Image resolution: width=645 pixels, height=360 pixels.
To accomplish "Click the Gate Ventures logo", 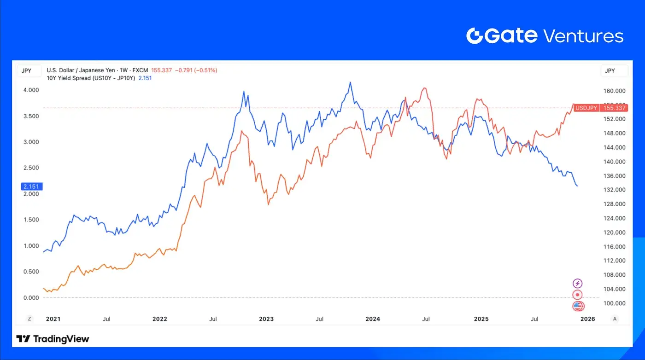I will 545,36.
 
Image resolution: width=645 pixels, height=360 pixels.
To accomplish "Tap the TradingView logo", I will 53,339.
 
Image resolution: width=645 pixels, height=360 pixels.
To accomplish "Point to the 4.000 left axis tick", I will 31,90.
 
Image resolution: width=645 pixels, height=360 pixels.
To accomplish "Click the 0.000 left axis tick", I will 31,297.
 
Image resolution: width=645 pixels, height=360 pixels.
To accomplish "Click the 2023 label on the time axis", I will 266,319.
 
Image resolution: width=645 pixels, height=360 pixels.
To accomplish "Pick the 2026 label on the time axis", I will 587,319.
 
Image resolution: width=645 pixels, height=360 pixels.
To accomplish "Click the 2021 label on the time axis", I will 53,319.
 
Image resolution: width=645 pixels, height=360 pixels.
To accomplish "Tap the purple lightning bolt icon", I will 578,284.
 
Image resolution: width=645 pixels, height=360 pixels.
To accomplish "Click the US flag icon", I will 578,306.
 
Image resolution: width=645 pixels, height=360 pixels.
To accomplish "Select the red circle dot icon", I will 578,295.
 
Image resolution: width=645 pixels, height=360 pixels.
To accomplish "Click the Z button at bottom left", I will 29,319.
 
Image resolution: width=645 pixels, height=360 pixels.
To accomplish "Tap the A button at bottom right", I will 615,319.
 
